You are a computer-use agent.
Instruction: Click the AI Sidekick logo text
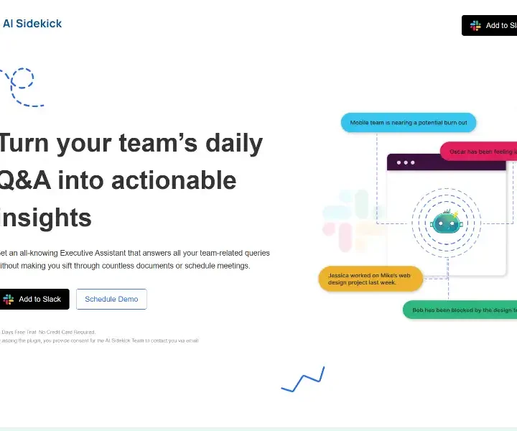(x=32, y=24)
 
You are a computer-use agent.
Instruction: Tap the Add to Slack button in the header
(x=491, y=26)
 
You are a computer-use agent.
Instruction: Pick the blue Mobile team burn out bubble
(x=408, y=123)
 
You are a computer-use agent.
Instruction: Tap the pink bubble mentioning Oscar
(x=480, y=152)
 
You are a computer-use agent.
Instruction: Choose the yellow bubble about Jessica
(x=371, y=279)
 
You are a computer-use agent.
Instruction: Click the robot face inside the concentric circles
(x=445, y=222)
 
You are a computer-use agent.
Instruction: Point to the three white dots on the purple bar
(x=406, y=162)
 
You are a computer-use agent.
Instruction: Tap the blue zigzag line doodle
(x=303, y=380)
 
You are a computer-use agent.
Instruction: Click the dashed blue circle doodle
(x=21, y=79)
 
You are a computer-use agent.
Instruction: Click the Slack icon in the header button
(x=475, y=26)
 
